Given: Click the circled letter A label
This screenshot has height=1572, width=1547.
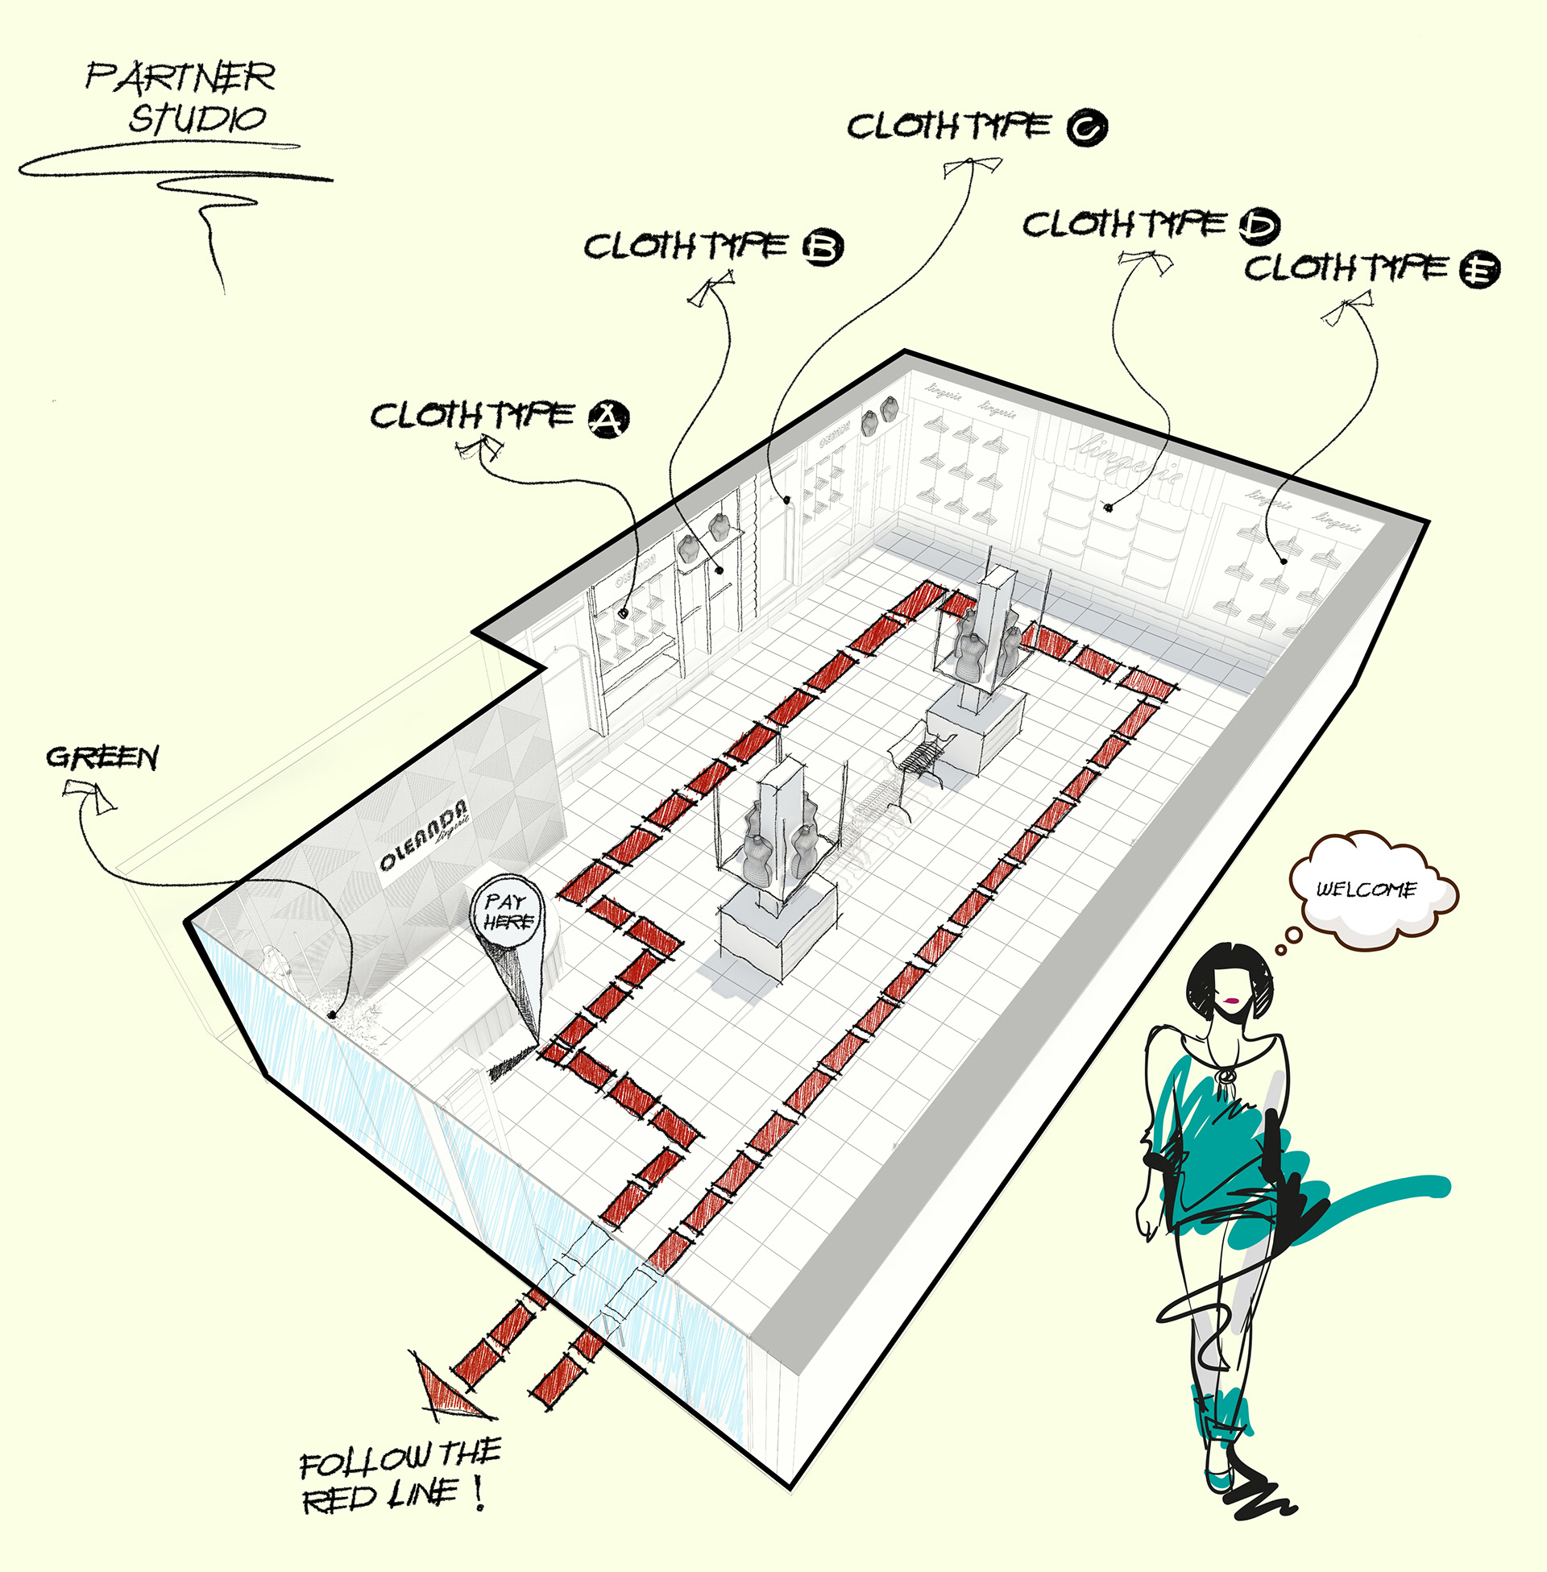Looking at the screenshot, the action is [x=608, y=419].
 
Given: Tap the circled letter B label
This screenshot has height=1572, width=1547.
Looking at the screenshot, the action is [x=823, y=248].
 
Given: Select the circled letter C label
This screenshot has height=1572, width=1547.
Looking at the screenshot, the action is [x=1087, y=127].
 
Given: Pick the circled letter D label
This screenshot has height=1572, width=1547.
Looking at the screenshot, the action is [x=1259, y=226].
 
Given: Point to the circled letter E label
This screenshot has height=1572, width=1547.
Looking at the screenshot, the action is [x=1479, y=270].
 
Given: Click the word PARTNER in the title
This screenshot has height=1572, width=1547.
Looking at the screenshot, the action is [x=180, y=77].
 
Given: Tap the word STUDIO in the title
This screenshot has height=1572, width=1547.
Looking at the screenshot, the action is [x=197, y=118].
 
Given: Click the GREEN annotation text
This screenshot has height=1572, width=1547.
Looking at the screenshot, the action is [x=102, y=757].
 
